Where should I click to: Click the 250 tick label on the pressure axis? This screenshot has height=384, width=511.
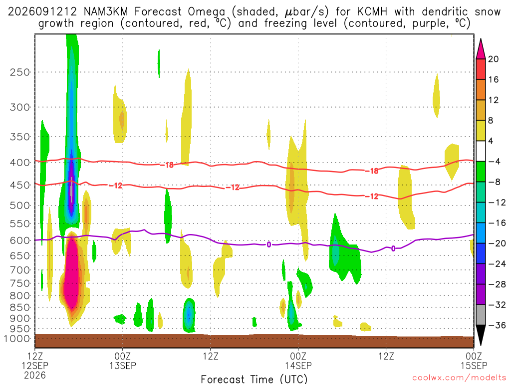coord(19,72)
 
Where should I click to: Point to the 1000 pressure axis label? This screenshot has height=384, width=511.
coord(16,338)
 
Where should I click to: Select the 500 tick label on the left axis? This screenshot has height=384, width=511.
coord(19,205)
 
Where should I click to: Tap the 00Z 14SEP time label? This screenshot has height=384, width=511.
coord(298,360)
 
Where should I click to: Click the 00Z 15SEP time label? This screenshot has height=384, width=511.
coord(474,360)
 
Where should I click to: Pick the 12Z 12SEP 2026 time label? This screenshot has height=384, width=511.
coord(35,365)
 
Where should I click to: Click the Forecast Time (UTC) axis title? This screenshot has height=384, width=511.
coord(254,379)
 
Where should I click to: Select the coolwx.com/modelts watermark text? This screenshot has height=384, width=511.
coord(459,378)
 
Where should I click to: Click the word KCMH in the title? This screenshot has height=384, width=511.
coord(372,12)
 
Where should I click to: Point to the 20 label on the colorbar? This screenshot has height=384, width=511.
coord(494,59)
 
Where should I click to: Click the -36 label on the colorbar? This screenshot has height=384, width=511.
coord(497,325)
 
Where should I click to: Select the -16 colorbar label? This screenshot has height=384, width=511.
coord(497,222)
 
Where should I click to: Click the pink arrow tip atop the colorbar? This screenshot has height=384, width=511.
coord(481,39)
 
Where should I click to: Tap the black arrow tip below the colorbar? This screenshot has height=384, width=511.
coord(481,344)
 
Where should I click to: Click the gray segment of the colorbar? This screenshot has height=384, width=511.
coord(481,315)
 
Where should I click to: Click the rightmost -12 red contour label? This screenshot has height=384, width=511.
coord(371,196)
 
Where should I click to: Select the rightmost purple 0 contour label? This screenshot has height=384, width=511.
coord(393,248)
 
